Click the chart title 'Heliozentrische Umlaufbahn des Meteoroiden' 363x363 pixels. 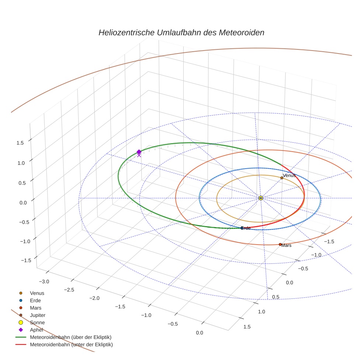point(181,32)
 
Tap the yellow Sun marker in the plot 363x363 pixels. point(260,198)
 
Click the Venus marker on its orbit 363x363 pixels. point(281,178)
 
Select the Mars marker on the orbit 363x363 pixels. point(280,244)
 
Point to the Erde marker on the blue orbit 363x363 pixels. point(242,228)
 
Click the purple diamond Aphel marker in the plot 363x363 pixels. point(139,152)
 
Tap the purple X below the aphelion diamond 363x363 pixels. point(139,155)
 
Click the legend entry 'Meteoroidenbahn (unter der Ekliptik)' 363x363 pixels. point(71,345)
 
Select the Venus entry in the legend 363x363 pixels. point(37,293)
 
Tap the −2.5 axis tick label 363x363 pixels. point(69,290)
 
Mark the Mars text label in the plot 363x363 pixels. point(287,245)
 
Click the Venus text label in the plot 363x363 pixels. point(289,175)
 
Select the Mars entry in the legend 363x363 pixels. point(35,308)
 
